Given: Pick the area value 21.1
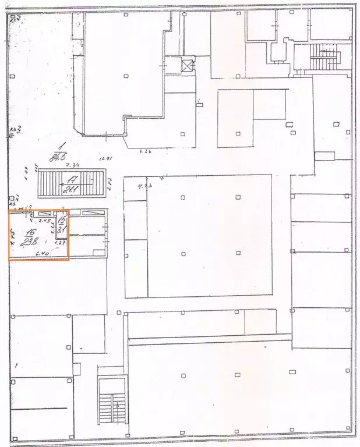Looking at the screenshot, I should coord(73,187).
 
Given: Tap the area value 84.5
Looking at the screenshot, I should coord(58,156).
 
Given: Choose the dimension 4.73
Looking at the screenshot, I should coord(143,186).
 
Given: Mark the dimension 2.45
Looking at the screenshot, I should coord(44,221).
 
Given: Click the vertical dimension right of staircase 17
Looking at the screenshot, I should coord(109,186).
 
